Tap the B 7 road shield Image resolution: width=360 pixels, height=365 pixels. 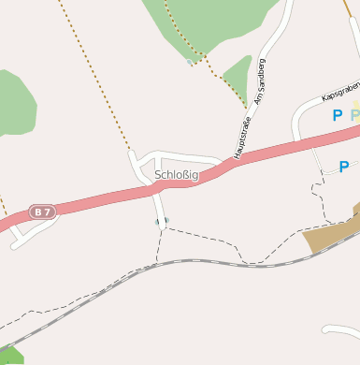pos(42,212)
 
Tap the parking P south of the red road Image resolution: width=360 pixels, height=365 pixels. pos(343,167)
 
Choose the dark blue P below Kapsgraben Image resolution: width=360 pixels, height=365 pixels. pos(337,116)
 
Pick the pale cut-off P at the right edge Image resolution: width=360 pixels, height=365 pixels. pos(355,116)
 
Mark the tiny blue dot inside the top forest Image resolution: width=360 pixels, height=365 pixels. pos(190,63)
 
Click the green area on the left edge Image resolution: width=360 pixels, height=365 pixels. pos(13,103)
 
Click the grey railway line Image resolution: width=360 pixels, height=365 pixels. pos(187,260)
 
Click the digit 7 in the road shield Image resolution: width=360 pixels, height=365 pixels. pos(47,212)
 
